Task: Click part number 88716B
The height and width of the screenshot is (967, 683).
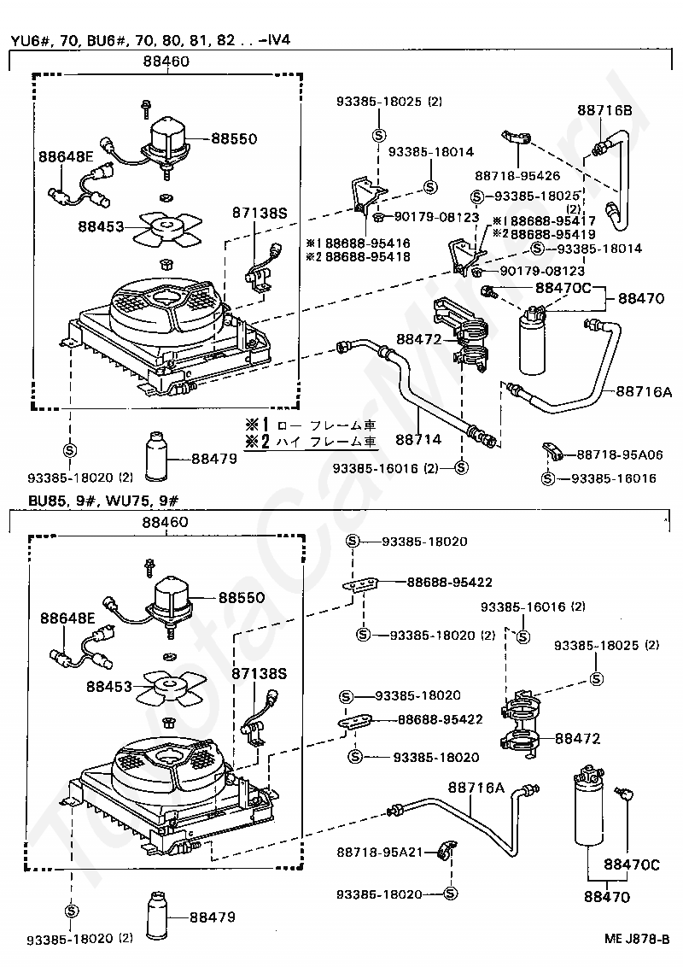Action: point(604,110)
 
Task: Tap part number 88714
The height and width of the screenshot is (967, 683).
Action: point(418,439)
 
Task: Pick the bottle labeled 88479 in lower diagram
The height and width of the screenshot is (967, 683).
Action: point(160,915)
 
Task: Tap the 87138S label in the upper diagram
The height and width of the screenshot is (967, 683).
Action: point(260,214)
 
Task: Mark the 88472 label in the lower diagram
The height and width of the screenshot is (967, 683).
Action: point(578,738)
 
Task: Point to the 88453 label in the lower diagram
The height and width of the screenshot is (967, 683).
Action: point(108,684)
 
